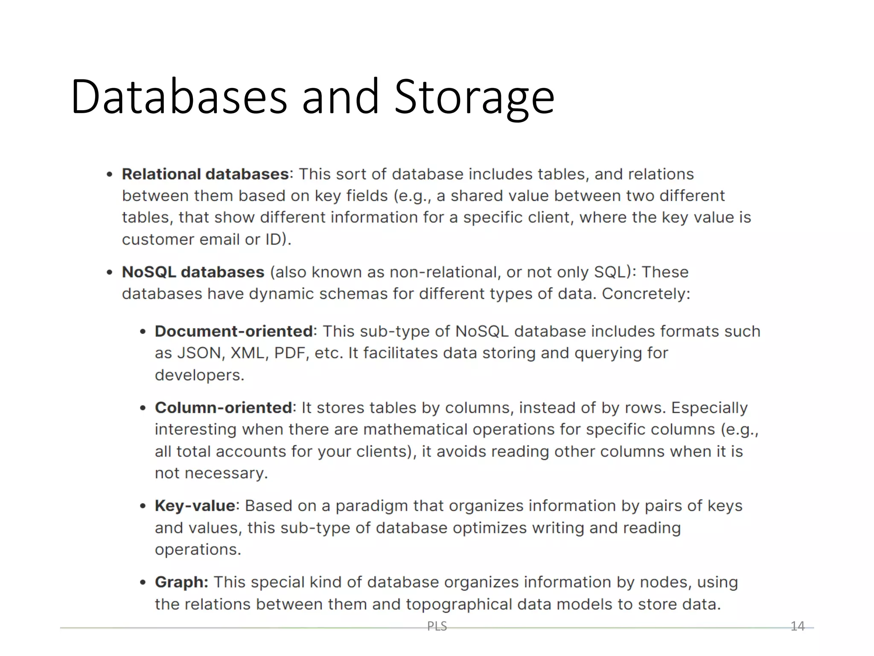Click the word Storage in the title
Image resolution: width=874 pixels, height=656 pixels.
click(474, 97)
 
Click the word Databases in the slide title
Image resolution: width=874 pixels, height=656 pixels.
click(179, 97)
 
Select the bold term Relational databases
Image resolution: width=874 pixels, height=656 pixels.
click(206, 174)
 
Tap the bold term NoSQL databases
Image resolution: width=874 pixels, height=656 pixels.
click(193, 272)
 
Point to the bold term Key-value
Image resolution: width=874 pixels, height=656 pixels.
click(195, 506)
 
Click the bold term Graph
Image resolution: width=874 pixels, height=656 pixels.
click(181, 582)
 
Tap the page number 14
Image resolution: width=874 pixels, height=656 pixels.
click(797, 626)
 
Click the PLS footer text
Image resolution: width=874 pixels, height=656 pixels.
click(437, 626)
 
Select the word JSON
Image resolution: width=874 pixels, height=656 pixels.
click(200, 353)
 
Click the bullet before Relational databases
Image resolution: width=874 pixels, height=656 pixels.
click(110, 175)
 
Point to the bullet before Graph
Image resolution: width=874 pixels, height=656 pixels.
click(143, 583)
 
